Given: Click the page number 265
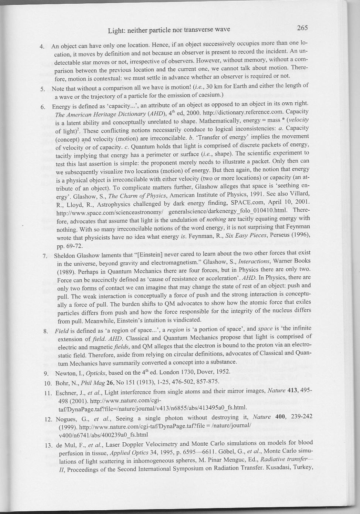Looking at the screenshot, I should pos(302,28).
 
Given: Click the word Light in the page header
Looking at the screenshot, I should pos(115,30).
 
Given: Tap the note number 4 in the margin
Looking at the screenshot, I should pos(42,47).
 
